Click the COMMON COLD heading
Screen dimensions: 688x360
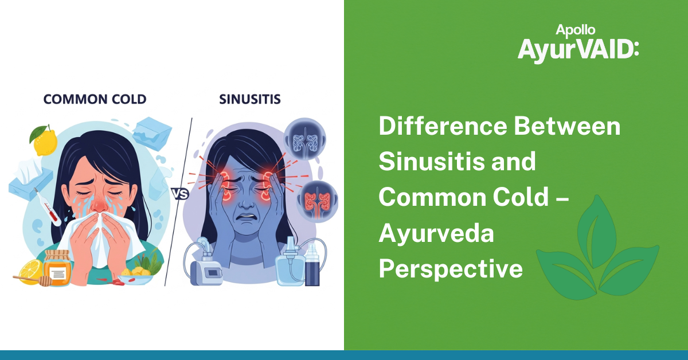coord(95,99)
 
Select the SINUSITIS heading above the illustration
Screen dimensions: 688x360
coord(250,99)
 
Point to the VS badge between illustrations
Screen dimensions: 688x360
coord(180,194)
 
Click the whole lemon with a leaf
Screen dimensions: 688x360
coord(44,140)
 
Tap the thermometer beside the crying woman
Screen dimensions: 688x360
coord(47,207)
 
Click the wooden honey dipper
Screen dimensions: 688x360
coord(32,280)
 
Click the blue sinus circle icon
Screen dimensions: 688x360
coord(304,139)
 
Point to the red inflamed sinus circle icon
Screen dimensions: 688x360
coord(317,202)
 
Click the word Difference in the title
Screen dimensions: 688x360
coord(443,126)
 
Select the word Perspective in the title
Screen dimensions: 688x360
coord(451,268)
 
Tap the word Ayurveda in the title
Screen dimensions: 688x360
coord(436,233)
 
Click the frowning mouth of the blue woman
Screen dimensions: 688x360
coord(246,216)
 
